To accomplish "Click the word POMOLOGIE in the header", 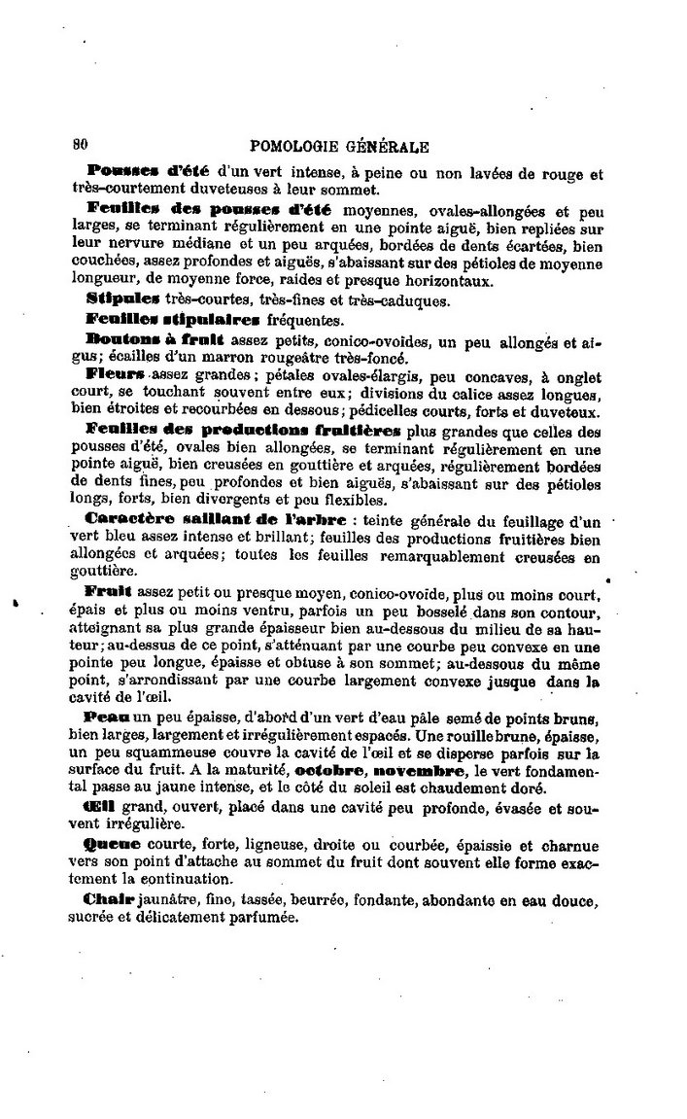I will pyautogui.click(x=294, y=148).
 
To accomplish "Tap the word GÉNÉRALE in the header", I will pyautogui.click(x=388, y=148).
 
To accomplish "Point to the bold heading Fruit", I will pyautogui.click(x=107, y=591).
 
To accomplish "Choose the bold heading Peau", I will pyautogui.click(x=108, y=717).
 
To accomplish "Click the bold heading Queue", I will pyautogui.click(x=113, y=845).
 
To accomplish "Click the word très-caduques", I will pyautogui.click(x=399, y=300).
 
